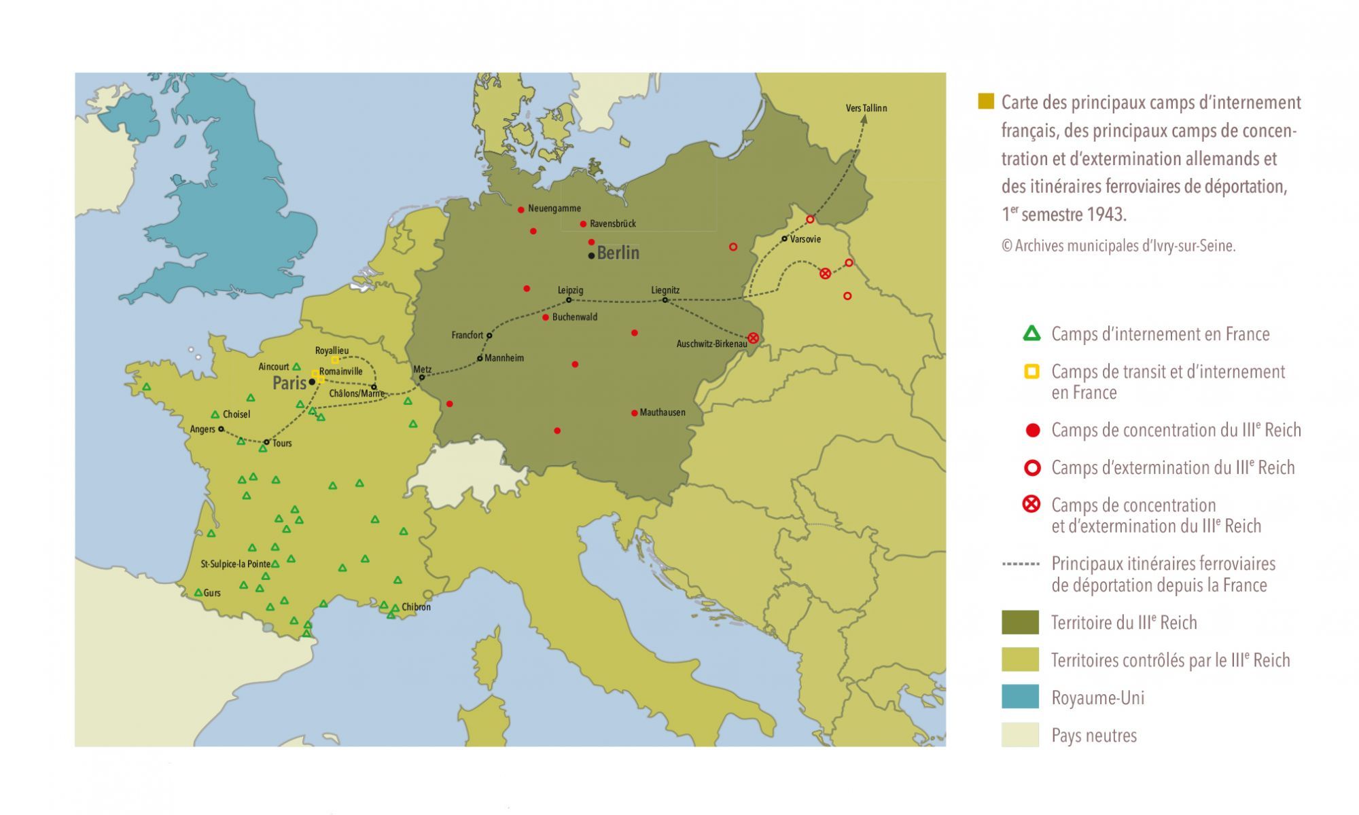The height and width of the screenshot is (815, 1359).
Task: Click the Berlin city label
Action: (618, 253)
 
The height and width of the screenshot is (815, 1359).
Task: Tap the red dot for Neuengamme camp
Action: (521, 209)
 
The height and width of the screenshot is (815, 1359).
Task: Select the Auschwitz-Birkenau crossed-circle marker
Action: (753, 338)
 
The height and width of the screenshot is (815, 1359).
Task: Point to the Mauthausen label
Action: (662, 412)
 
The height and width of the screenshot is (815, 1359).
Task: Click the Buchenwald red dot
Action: (546, 317)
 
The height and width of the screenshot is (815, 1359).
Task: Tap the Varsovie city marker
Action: (784, 238)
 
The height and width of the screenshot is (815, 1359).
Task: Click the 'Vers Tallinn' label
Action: (866, 108)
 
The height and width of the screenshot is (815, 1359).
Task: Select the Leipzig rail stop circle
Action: (569, 300)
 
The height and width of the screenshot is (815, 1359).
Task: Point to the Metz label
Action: (422, 369)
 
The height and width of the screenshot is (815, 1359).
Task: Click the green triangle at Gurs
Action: (198, 593)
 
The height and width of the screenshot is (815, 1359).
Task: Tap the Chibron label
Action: (416, 607)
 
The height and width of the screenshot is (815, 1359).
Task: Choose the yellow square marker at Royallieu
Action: (335, 360)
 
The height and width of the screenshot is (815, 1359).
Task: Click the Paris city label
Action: (289, 383)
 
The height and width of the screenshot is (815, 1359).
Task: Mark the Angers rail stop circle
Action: (221, 429)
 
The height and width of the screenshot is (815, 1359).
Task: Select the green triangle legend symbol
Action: (1031, 333)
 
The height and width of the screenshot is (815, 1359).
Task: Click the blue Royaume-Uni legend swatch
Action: (1020, 697)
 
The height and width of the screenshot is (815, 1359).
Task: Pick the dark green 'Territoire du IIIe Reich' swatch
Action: (1020, 622)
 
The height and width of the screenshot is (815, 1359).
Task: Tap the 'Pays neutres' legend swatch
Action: (1020, 735)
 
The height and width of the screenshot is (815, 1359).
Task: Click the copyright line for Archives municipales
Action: (1118, 246)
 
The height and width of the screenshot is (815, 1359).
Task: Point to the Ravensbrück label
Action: (612, 223)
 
